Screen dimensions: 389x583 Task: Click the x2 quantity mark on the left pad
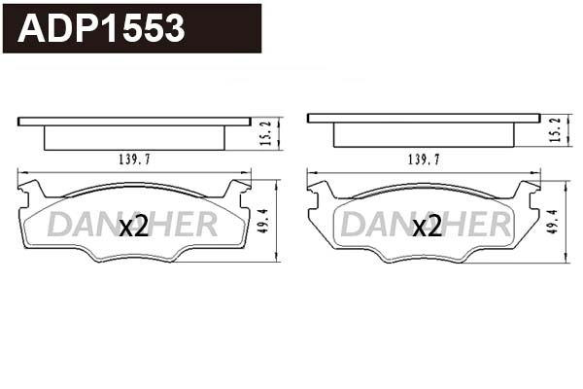coord(132,227)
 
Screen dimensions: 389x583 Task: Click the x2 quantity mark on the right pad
coord(427,227)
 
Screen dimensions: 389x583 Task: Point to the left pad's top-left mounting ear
coord(27,187)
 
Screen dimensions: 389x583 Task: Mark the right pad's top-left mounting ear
coord(317,187)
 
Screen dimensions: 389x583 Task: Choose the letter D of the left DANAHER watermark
coord(57,225)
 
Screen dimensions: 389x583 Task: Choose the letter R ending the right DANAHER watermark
coord(499,225)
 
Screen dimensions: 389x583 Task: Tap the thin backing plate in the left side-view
coord(134,122)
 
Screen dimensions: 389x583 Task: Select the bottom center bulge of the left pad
coord(134,259)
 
